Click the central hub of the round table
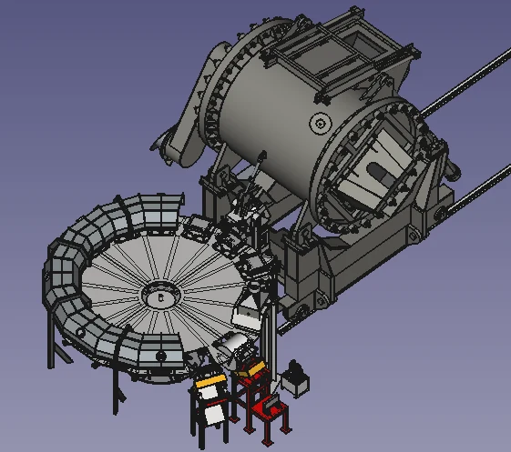[x=161, y=296]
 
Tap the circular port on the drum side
[x=319, y=124]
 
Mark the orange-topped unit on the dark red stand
[x=250, y=369]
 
